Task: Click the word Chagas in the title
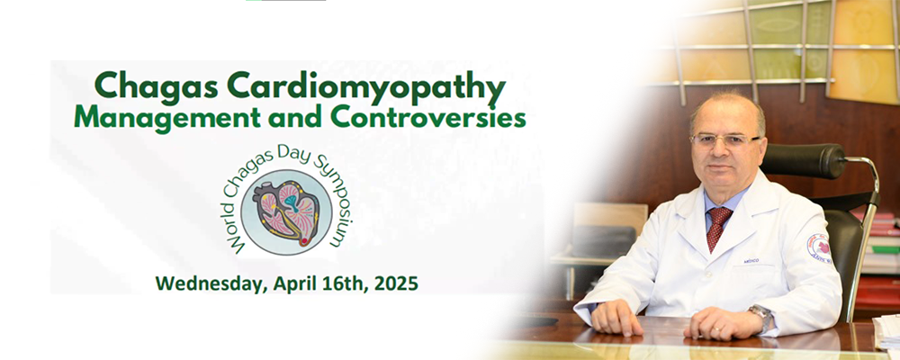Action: (x=156, y=86)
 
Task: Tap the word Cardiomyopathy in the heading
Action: (x=366, y=87)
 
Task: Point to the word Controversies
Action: (x=427, y=117)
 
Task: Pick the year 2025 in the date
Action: (x=396, y=283)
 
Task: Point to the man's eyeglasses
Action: (x=724, y=140)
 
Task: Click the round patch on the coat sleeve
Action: (x=819, y=248)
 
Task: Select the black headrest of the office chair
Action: (x=803, y=160)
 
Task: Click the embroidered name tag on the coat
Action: (x=751, y=261)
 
